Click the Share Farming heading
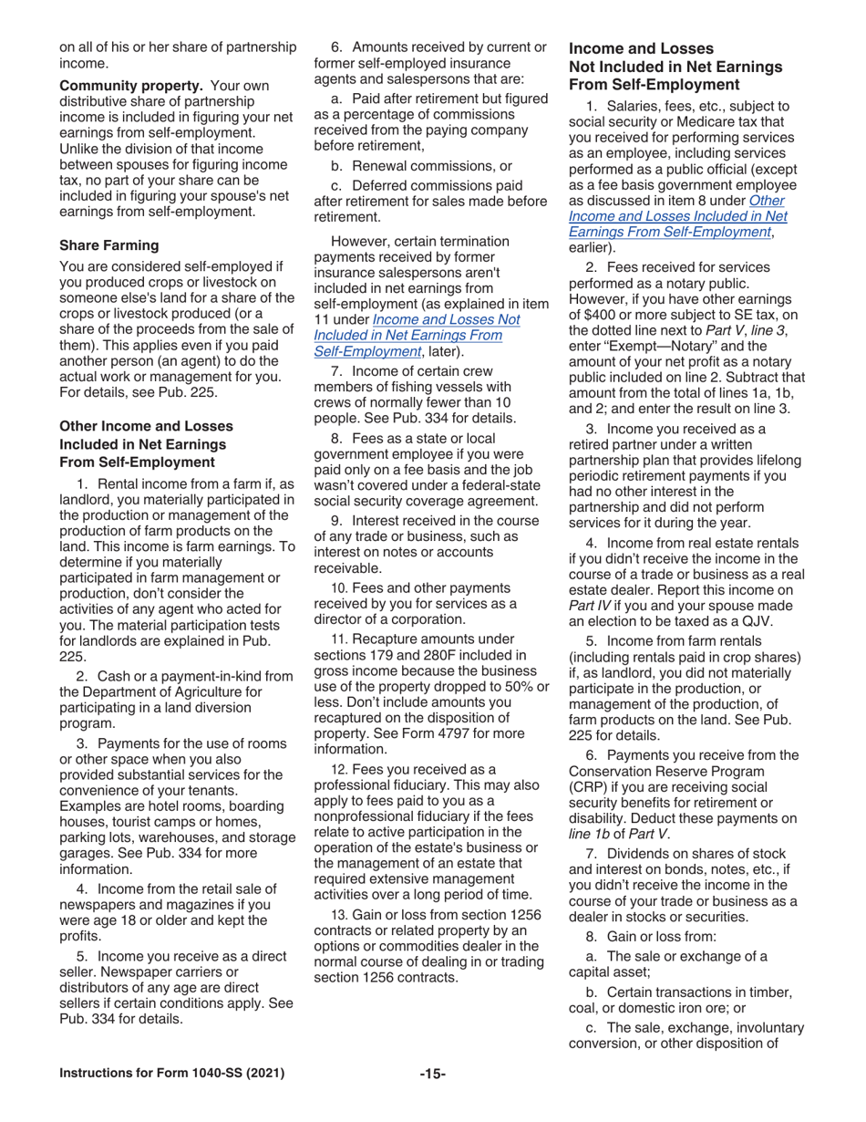click(x=108, y=245)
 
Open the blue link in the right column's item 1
click(x=677, y=216)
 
